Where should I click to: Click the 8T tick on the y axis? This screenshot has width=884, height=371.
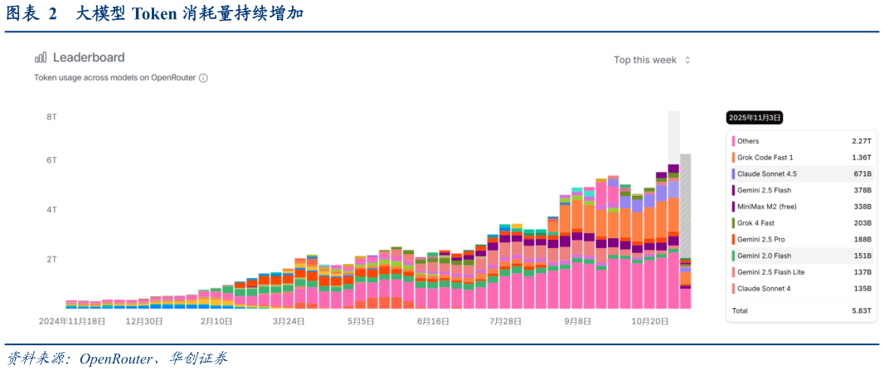point(51,117)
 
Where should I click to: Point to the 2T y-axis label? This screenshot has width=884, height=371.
point(51,259)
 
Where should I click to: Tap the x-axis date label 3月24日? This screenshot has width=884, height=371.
point(289,321)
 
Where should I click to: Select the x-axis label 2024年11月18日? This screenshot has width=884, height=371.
point(72,321)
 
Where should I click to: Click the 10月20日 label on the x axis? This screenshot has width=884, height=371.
point(649,321)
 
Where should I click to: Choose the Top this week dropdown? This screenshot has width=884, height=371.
point(652,60)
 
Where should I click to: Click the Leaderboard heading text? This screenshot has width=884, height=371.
point(89,57)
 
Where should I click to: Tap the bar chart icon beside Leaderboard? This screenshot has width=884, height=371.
point(41,57)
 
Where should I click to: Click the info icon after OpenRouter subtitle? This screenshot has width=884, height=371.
point(203,78)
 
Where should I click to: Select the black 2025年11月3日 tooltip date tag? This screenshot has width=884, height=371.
point(755,118)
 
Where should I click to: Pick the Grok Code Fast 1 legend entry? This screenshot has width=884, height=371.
point(765,158)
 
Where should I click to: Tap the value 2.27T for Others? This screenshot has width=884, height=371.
point(861,142)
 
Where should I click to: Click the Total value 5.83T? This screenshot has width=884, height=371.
point(861,310)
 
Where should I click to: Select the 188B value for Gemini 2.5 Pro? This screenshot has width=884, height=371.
point(862,240)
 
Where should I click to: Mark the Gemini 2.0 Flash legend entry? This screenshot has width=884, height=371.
point(764,256)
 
